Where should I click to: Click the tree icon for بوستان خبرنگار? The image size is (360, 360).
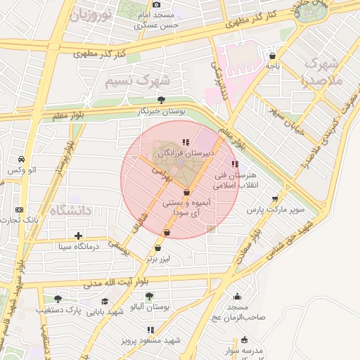coord(162,100)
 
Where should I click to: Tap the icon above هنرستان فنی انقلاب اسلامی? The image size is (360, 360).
coord(234,164)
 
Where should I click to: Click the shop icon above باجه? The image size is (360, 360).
coord(272,56)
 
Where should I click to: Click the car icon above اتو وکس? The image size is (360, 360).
coord(22,159)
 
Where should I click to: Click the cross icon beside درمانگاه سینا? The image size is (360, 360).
coord(78,236)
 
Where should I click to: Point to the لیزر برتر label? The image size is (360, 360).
coord(158,259)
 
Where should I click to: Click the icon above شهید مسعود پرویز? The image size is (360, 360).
coord(150,329)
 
